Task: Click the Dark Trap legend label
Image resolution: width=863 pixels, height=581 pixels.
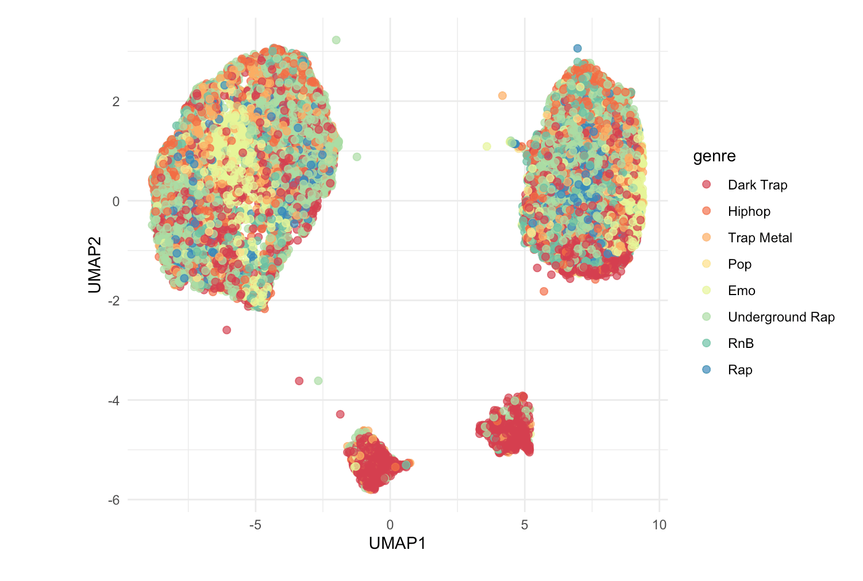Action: tap(757, 185)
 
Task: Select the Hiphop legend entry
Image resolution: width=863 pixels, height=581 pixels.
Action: tap(749, 211)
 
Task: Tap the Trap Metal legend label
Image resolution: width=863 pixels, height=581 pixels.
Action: tap(760, 238)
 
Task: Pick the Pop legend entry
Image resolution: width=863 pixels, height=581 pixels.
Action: tap(739, 264)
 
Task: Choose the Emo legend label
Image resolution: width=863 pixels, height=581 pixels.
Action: tap(741, 290)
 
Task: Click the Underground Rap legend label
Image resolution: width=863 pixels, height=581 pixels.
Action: tap(781, 317)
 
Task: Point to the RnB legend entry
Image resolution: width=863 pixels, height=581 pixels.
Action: tap(741, 343)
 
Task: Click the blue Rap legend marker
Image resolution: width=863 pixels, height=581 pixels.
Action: tap(706, 370)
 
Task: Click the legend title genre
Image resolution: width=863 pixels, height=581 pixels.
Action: tap(714, 156)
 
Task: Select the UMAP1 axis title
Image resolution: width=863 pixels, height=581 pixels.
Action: tap(397, 543)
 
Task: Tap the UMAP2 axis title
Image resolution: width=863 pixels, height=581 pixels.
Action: tap(95, 265)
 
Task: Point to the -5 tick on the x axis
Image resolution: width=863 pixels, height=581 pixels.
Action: tap(255, 525)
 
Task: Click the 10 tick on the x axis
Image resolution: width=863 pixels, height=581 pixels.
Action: tap(659, 525)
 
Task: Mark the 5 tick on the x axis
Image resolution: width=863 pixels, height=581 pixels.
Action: tap(525, 525)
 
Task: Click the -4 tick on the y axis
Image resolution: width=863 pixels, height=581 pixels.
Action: tap(114, 400)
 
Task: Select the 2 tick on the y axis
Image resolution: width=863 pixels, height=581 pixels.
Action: tap(116, 102)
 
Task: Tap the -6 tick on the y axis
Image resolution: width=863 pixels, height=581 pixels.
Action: tap(114, 500)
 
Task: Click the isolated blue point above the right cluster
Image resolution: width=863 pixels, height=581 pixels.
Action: tap(577, 48)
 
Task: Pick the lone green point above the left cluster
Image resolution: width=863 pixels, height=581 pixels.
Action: tap(336, 40)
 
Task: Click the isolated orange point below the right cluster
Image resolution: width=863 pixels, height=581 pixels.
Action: tap(544, 291)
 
